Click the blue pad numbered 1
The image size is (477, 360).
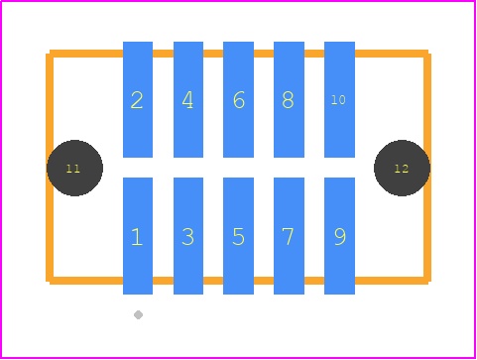point(138,236)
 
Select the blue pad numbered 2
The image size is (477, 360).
point(138,99)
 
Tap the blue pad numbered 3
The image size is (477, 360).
point(188,236)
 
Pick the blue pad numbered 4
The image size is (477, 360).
point(188,99)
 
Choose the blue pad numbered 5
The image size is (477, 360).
point(238,236)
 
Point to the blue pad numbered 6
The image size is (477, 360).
point(238,99)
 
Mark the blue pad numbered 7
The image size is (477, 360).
point(289,236)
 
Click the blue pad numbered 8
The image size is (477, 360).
point(289,99)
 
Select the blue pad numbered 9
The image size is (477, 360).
point(339,236)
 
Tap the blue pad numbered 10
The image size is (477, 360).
point(339,99)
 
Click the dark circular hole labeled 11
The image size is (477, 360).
point(74,168)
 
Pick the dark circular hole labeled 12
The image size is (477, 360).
point(402,168)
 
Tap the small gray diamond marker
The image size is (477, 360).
point(138,315)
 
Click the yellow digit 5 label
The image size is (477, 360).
point(238,237)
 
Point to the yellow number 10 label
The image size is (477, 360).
point(338,100)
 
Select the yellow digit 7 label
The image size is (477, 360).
point(289,237)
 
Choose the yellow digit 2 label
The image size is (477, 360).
point(137,100)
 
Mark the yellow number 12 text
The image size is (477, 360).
point(402,169)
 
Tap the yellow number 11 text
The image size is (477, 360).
point(73,169)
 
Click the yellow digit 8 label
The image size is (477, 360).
point(288,100)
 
